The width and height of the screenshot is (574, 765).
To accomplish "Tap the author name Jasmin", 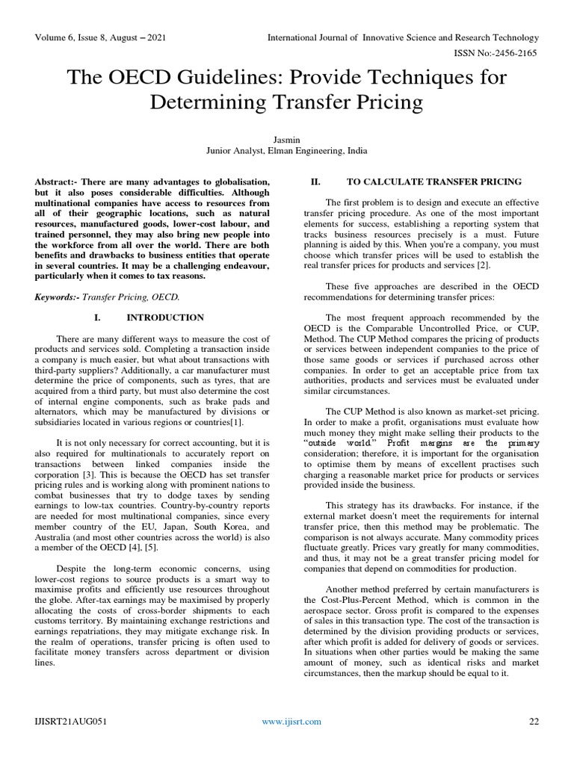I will click(x=286, y=139).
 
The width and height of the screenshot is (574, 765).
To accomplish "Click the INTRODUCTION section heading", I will click(x=165, y=318).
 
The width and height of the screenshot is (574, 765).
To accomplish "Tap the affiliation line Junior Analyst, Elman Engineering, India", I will click(x=286, y=150).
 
